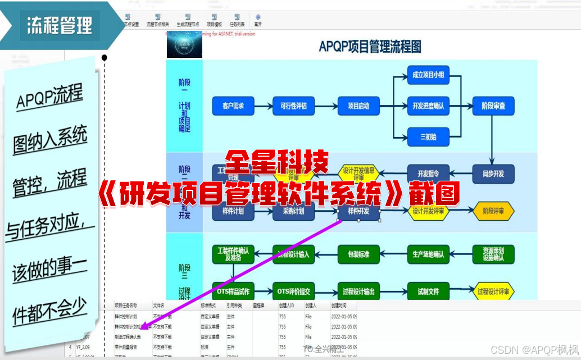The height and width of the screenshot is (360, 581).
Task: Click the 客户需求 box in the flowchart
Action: [x=233, y=106]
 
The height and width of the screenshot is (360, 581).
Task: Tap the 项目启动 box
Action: [x=358, y=106]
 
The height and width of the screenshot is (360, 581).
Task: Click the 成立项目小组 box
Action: [x=428, y=75]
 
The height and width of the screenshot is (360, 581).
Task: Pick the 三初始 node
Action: [x=428, y=136]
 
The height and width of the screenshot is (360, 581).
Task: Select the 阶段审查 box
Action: [x=493, y=106]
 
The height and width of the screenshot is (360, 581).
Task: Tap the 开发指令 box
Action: [x=428, y=174]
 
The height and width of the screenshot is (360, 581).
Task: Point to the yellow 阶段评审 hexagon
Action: [x=493, y=211]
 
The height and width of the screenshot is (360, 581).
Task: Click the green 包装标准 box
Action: [x=358, y=254]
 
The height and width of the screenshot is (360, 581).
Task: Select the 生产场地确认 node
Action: [x=428, y=254]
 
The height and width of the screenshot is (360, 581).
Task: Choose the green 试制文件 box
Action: [x=428, y=291]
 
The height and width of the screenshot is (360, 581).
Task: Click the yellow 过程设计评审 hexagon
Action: [x=493, y=291]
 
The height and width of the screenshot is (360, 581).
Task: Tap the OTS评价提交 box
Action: [x=293, y=291]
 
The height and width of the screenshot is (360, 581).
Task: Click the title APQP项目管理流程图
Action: [x=370, y=47]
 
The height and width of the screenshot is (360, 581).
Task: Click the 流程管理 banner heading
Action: [x=59, y=25]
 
